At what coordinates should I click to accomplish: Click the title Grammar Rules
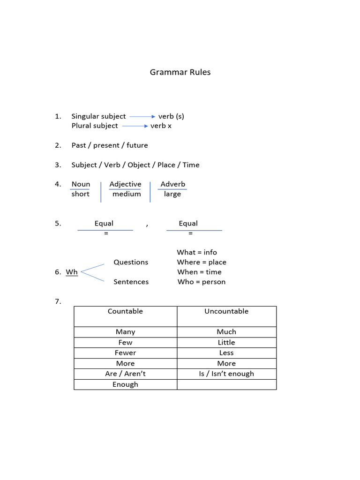(x=180, y=72)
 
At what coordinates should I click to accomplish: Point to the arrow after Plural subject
(x=135, y=126)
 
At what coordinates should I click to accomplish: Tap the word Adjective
(x=125, y=184)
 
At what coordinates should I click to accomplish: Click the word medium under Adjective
(x=127, y=194)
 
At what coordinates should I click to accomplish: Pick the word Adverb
(x=172, y=184)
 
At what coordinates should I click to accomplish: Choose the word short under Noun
(x=80, y=194)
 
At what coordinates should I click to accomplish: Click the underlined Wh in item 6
(x=72, y=272)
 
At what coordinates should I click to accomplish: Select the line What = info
(x=197, y=252)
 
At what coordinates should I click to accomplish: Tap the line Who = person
(x=202, y=282)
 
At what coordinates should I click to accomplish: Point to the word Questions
(x=131, y=262)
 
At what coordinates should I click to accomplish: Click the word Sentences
(x=131, y=282)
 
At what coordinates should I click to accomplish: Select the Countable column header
(x=125, y=311)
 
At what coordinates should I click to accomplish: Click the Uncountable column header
(x=226, y=311)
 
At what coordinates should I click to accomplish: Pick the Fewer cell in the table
(x=125, y=353)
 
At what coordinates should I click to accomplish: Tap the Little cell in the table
(x=226, y=343)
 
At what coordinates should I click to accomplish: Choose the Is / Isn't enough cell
(x=226, y=374)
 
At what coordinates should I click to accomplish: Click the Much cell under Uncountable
(x=226, y=332)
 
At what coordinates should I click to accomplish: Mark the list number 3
(x=58, y=165)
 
